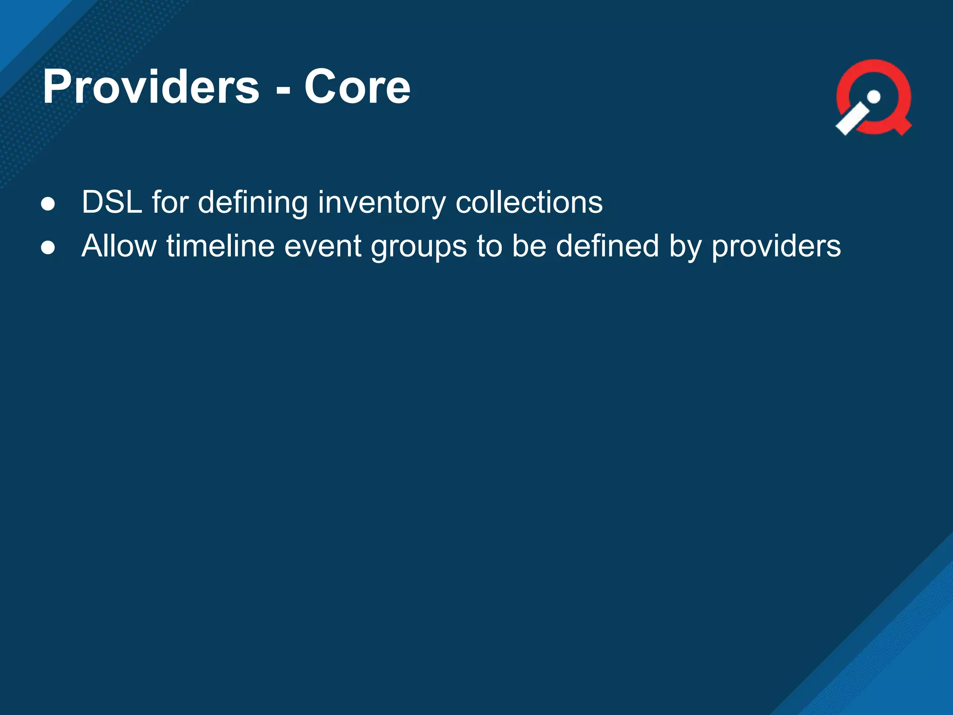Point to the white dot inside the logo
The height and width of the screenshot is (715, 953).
[874, 97]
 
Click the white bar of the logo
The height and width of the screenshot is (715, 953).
[852, 119]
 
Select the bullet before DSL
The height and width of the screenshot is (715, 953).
[48, 204]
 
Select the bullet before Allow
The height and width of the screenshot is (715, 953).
[48, 248]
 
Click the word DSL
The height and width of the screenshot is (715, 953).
[112, 202]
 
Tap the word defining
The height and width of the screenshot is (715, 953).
[253, 202]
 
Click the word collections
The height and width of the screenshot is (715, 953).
[529, 202]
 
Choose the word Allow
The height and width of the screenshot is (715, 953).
[119, 246]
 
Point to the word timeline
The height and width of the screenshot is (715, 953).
[221, 246]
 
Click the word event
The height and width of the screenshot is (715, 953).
[322, 247]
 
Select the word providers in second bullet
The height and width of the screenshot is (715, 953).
[776, 247]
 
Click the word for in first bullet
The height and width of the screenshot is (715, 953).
[170, 202]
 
